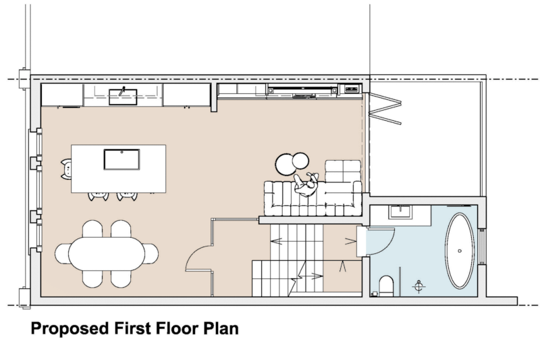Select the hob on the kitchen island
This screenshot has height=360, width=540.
122,159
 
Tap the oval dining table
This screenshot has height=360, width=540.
107,254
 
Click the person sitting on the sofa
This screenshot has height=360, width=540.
306,184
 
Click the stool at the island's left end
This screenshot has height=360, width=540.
65,169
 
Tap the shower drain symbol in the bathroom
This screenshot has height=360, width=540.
420,286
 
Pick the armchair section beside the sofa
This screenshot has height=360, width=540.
344,170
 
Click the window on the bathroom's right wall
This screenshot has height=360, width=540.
482,248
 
